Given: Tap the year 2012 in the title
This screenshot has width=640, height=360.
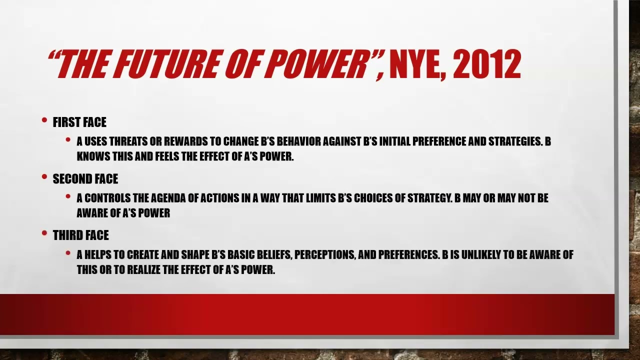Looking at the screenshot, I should coord(486,65).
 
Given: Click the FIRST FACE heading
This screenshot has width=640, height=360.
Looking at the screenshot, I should coord(79,122).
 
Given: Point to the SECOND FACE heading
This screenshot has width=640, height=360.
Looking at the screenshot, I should coord(85,179).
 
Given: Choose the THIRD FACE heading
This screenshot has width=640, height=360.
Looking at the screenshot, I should coord(80,235).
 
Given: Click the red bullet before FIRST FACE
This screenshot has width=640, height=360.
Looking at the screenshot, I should coord(45,120).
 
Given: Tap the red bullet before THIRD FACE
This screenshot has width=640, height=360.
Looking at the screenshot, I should coord(45,233).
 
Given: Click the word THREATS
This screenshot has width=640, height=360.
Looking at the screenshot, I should coord(128,142).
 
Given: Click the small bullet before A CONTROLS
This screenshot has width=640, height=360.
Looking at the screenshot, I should coord(68,196).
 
